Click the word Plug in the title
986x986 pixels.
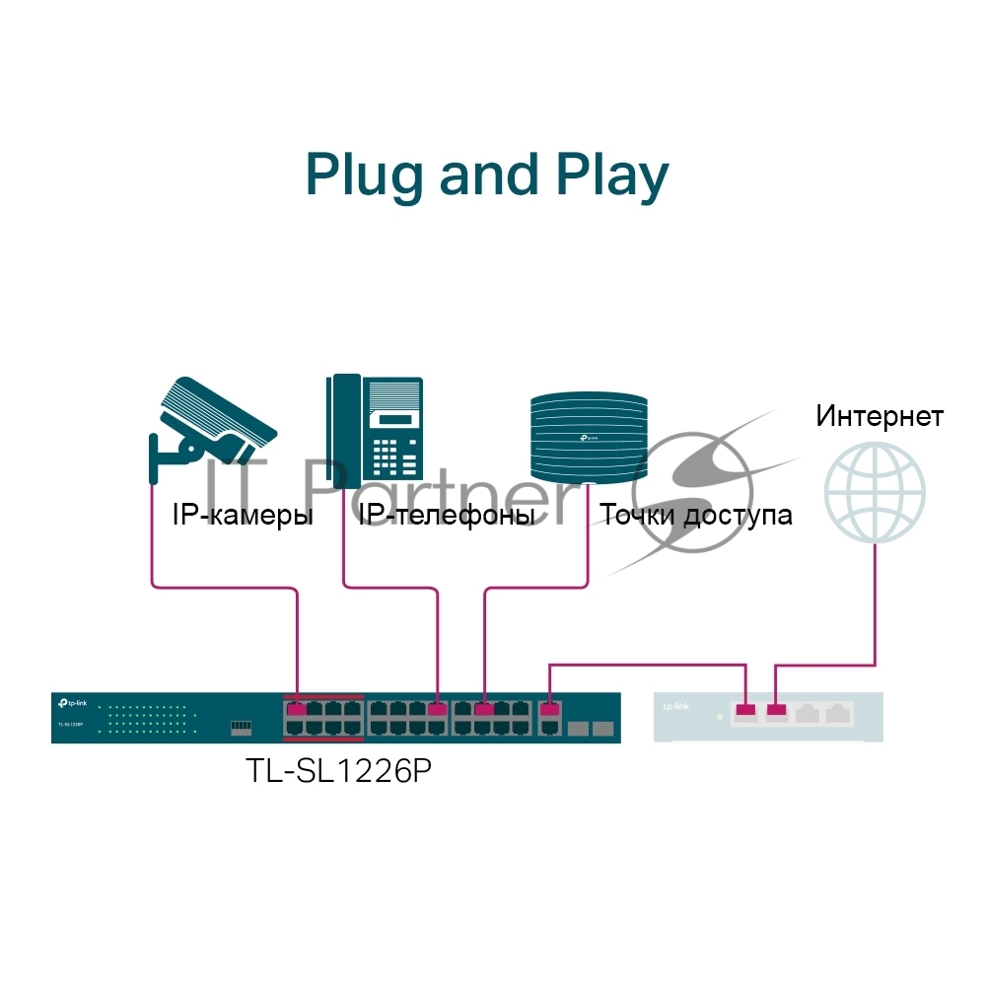364,177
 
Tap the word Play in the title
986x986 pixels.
612,177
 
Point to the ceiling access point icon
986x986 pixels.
589,438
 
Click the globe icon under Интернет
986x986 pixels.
875,492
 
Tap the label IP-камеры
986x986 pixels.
243,515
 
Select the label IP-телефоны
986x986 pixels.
447,515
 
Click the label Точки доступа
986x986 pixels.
695,515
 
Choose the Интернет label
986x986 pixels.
880,416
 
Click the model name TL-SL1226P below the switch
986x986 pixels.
339,770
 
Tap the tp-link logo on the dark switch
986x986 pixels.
72,703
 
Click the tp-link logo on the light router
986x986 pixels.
676,706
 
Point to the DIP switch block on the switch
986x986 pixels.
241,727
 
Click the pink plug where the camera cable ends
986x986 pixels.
296,709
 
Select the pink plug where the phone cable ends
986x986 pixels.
437,709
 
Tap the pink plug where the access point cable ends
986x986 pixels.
484,709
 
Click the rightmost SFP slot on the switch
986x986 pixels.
603,729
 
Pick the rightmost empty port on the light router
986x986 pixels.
838,713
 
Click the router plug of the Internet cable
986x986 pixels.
777,709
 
